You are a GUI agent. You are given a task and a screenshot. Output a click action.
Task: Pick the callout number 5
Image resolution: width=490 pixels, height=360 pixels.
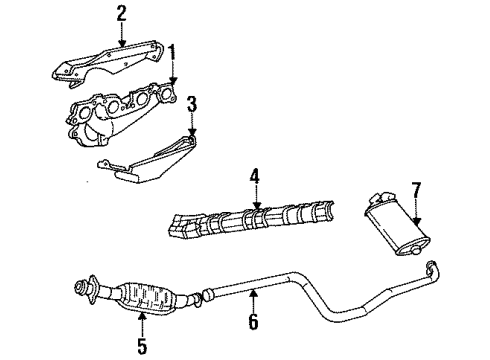pos(143,347)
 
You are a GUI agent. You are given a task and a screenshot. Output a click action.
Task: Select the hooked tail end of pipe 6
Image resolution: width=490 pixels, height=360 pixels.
pos(432,267)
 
